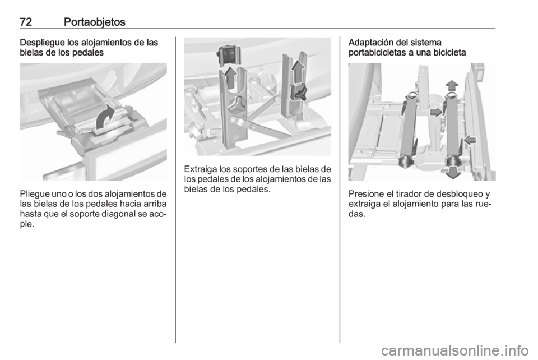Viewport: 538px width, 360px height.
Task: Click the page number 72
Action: click(x=26, y=22)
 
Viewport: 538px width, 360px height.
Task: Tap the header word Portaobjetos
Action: click(x=94, y=22)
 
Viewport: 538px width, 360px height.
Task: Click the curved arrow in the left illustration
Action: click(x=105, y=116)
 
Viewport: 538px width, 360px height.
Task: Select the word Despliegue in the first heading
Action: click(x=42, y=43)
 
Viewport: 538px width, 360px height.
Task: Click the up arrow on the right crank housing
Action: click(x=298, y=71)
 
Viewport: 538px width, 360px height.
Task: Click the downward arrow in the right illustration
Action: click(x=453, y=172)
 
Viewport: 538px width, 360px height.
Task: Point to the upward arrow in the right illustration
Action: click(x=452, y=85)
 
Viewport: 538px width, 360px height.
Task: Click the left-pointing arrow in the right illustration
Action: click(x=471, y=139)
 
